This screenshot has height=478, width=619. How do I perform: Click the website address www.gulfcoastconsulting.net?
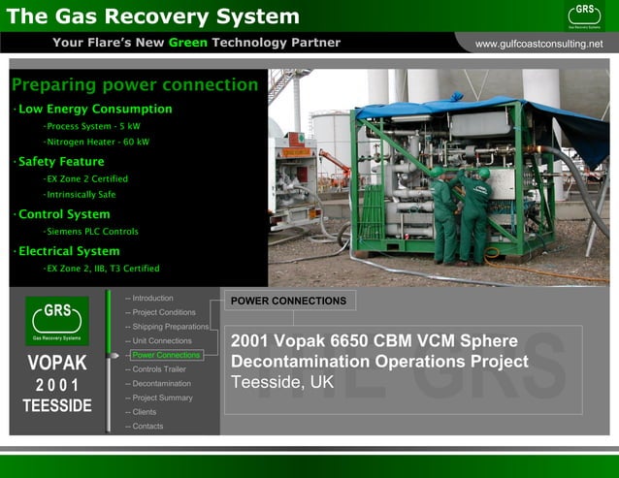538,44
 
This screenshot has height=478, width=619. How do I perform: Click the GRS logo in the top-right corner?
585,15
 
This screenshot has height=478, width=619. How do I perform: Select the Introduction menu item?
152,298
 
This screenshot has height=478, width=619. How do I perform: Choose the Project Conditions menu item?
163,312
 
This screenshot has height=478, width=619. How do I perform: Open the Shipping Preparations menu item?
170,327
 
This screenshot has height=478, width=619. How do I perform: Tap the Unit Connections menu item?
161,341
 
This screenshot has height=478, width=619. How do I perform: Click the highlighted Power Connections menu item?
165,355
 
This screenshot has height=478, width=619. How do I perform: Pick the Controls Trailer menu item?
158,369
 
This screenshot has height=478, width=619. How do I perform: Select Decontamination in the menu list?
161,384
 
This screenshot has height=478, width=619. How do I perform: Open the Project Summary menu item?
162,398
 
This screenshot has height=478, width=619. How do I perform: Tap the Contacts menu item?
147,427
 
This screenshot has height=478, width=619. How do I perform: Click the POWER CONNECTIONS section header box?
288,301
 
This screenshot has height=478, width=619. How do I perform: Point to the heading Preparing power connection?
135,85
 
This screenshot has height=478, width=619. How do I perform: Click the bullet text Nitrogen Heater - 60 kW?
97,143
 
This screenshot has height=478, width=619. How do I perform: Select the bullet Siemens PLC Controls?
93,232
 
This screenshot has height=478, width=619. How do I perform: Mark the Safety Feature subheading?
61,162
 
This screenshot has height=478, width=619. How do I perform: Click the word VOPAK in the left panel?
57,364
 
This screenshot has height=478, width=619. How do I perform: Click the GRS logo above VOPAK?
57,321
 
